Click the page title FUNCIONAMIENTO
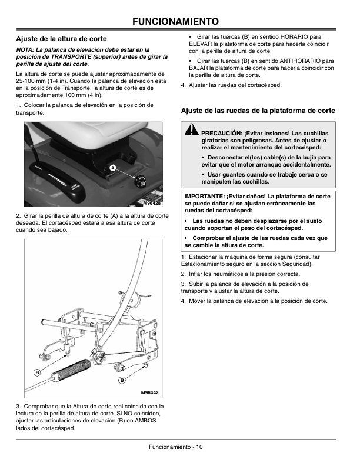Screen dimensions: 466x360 point(180,22)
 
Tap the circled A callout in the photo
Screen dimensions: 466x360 point(111,168)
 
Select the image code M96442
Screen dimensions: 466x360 point(150,392)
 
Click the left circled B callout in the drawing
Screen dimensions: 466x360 point(36,373)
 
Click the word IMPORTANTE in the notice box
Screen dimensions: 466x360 point(205,195)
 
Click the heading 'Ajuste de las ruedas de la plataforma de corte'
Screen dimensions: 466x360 point(258,110)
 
